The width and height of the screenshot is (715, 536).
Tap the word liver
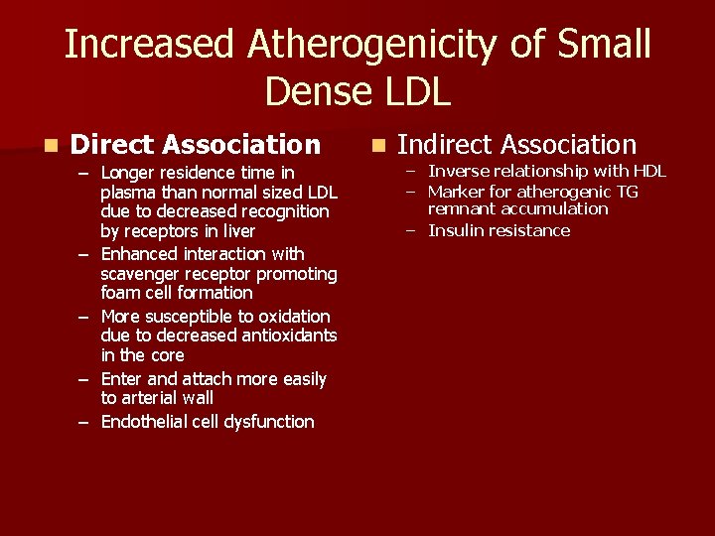(x=237, y=231)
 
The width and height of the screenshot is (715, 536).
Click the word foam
(x=121, y=293)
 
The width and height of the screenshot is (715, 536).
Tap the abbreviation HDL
(x=649, y=171)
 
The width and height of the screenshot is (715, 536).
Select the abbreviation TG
(x=628, y=192)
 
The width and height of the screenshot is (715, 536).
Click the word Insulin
(x=453, y=230)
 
